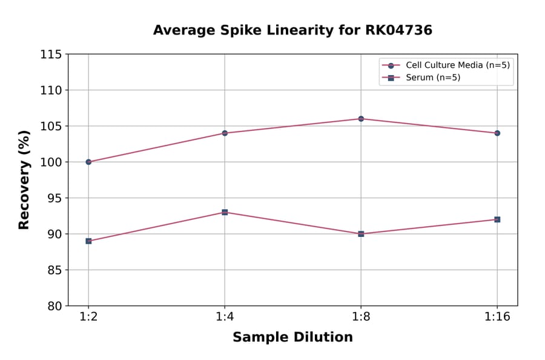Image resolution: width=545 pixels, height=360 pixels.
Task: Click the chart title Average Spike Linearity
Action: point(292,30)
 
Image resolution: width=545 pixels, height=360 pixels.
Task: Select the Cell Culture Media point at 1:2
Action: point(88,162)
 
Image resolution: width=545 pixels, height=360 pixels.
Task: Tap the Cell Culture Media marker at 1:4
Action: point(225,133)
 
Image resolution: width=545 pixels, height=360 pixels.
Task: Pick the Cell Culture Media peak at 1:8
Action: point(361,119)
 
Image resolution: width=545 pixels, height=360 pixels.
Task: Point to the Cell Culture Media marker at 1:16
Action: point(497,133)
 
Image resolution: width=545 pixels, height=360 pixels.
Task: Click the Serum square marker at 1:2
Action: point(88,241)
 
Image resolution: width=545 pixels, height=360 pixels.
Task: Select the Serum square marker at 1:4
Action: point(225,212)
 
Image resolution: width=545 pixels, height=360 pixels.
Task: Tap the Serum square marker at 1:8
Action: point(361,234)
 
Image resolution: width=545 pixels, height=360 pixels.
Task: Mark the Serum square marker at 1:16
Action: point(497,219)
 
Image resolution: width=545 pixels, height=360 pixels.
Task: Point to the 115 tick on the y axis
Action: point(51,55)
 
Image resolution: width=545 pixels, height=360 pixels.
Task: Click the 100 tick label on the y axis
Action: point(51,162)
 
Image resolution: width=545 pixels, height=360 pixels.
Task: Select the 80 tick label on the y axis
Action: point(54,306)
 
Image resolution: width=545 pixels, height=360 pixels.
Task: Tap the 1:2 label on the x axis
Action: point(88,317)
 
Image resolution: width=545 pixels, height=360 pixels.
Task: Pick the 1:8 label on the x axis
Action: point(361,317)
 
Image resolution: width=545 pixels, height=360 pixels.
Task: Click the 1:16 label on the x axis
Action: point(497,317)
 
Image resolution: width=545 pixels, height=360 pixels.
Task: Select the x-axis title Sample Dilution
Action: point(292,338)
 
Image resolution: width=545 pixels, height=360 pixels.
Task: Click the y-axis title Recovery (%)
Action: point(24,180)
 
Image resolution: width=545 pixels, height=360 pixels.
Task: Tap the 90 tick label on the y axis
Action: point(54,234)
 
